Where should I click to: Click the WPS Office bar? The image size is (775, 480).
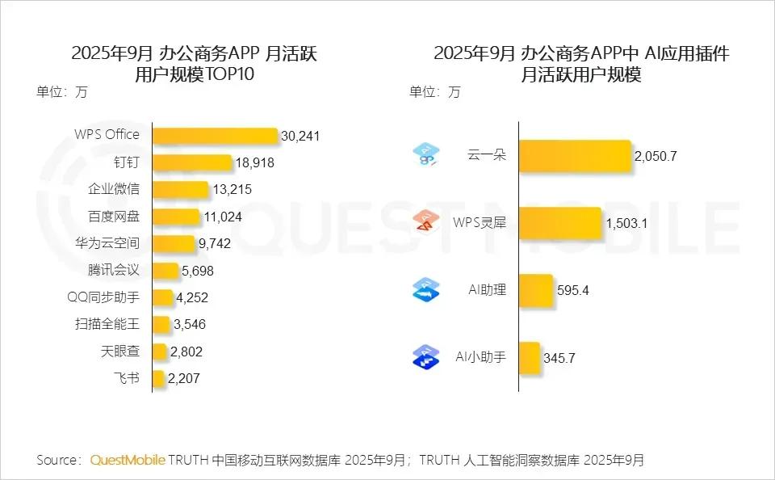click(x=215, y=136)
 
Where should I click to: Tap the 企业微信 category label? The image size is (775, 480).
click(x=113, y=189)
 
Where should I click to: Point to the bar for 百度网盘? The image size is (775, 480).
click(x=176, y=217)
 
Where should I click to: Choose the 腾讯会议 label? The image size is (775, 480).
click(x=113, y=271)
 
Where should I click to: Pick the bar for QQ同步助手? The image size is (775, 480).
click(x=163, y=297)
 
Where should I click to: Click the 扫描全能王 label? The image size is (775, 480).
click(x=107, y=324)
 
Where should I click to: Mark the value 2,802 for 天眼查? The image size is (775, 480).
click(x=186, y=352)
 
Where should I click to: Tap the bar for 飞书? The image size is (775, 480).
click(x=158, y=378)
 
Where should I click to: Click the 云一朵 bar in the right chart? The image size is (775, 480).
click(x=575, y=156)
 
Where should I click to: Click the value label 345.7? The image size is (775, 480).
click(x=561, y=358)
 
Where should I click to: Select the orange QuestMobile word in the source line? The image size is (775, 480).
click(x=127, y=460)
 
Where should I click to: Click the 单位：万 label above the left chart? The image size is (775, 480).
click(x=61, y=91)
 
